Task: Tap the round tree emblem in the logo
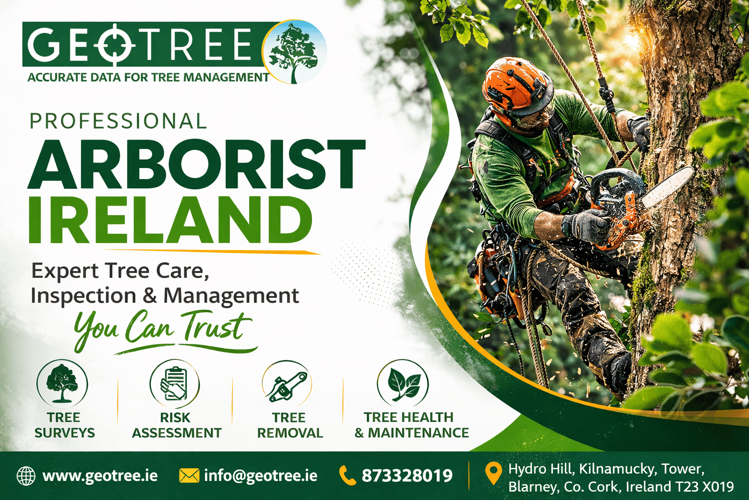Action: (x=294, y=52)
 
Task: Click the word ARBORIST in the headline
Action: (x=197, y=165)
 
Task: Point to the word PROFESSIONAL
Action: (x=118, y=121)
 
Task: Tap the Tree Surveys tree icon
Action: (x=62, y=384)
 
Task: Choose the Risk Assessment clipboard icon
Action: (x=175, y=384)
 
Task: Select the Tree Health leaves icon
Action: (x=403, y=384)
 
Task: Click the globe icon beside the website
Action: (x=26, y=476)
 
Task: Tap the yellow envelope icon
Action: (x=189, y=476)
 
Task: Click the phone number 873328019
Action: (x=407, y=476)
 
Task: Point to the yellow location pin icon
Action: (x=493, y=474)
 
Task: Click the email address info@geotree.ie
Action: (x=260, y=476)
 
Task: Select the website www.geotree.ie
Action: (x=100, y=476)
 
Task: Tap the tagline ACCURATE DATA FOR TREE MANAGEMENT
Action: (x=148, y=77)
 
